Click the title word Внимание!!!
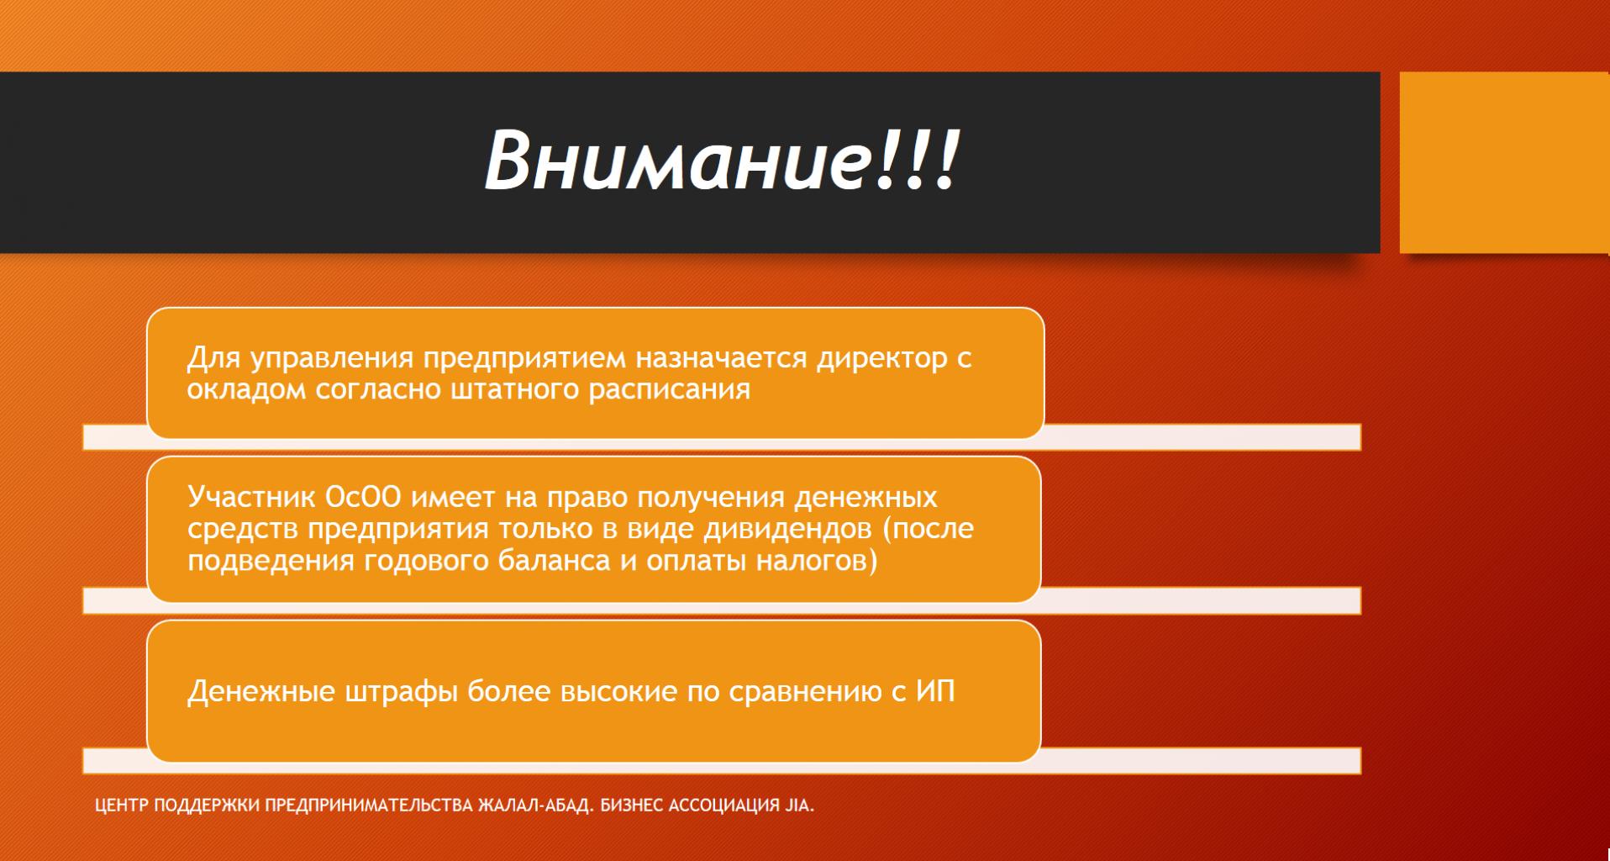click(x=722, y=160)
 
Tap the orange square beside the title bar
click(x=1504, y=162)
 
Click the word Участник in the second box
click(x=251, y=497)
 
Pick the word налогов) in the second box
click(x=817, y=561)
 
